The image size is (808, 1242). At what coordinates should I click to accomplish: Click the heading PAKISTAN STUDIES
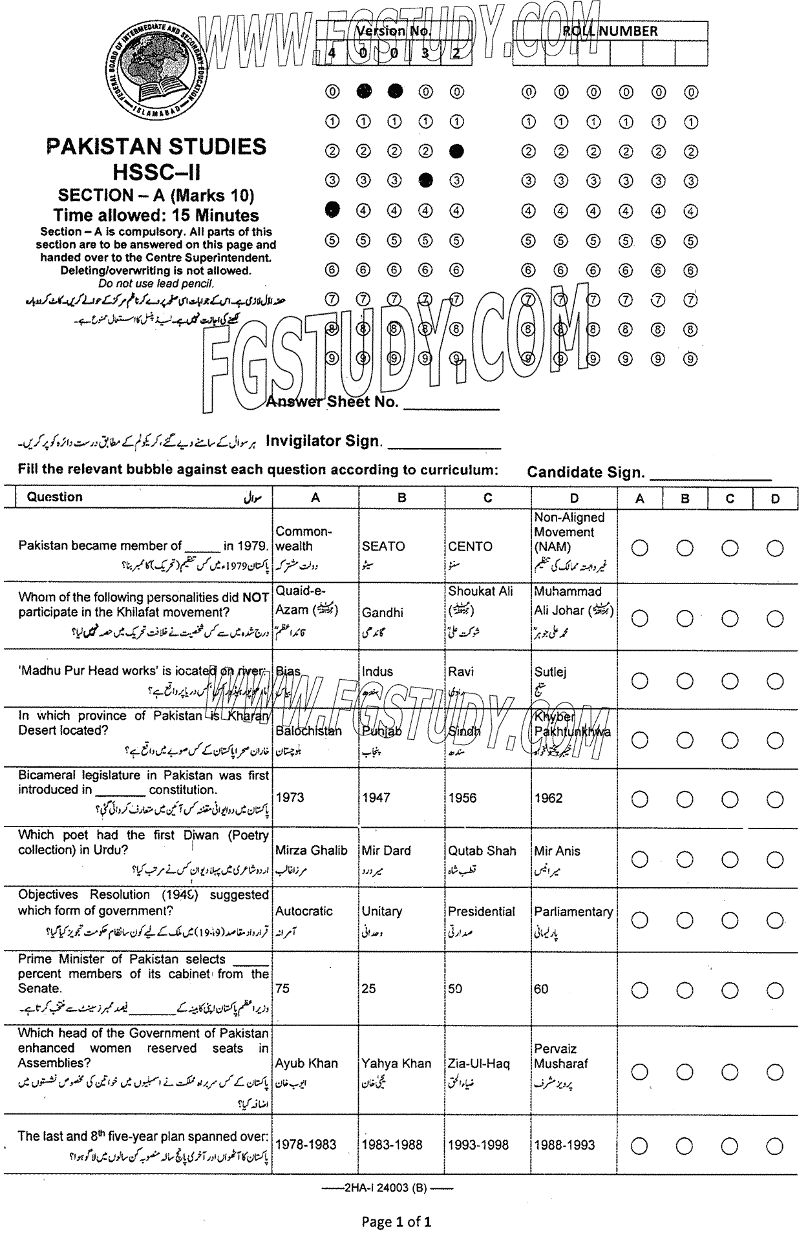156,147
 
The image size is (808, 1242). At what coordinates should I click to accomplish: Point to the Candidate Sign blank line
710,478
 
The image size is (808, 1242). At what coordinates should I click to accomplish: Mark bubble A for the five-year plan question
639,1146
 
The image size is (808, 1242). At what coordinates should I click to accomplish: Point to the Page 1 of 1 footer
396,1222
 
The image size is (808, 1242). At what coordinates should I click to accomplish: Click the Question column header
55,497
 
